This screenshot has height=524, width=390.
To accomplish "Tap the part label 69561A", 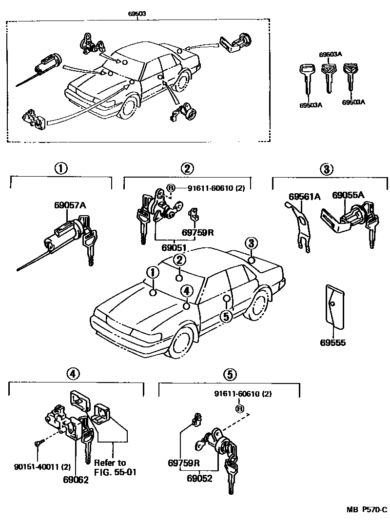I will point(304,197).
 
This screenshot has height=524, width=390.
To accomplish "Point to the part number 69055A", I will point(348,195).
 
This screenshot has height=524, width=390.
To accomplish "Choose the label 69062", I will point(76,480).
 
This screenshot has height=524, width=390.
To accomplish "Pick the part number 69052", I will point(199,479).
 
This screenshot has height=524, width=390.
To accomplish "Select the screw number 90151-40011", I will point(36,467).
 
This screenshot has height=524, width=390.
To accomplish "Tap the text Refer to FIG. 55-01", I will point(110,467).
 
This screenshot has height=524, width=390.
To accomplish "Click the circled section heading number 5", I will point(230,374).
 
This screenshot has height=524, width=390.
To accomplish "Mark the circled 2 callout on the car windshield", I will point(179,259).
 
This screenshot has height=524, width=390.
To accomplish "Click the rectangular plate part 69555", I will point(334,307).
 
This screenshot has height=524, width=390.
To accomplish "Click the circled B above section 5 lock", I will point(239,408).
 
